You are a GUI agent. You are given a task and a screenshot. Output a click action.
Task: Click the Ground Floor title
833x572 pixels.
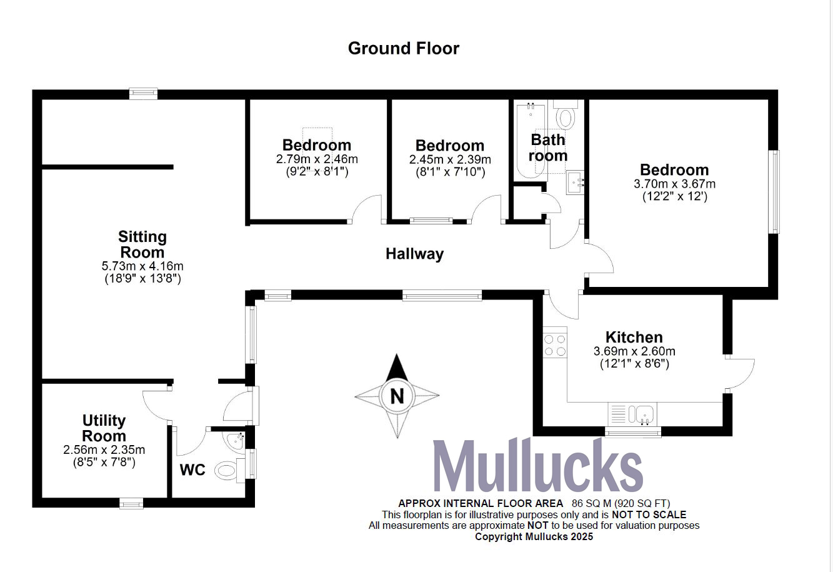click(x=403, y=49)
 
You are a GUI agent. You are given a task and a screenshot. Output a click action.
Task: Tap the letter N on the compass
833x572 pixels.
click(x=396, y=396)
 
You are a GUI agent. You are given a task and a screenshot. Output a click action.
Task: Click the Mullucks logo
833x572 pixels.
click(x=537, y=468)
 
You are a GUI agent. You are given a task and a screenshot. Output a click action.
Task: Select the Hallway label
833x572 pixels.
click(x=414, y=254)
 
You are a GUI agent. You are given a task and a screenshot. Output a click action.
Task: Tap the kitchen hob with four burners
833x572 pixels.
click(x=555, y=346)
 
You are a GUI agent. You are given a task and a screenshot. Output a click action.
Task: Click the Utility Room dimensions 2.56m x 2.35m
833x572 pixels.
click(x=104, y=449)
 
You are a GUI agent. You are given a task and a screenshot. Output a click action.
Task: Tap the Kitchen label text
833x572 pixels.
click(x=634, y=338)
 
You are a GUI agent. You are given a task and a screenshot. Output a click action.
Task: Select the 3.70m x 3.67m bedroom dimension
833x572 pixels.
click(x=674, y=184)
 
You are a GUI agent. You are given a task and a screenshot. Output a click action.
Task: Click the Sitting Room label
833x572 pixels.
click(x=142, y=244)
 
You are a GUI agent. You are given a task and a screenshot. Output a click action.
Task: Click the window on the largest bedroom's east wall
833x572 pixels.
click(x=776, y=191)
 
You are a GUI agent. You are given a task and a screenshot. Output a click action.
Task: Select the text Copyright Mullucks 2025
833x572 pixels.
click(x=534, y=536)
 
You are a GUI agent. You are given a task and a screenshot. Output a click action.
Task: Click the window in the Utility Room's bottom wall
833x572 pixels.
click(x=131, y=502)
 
